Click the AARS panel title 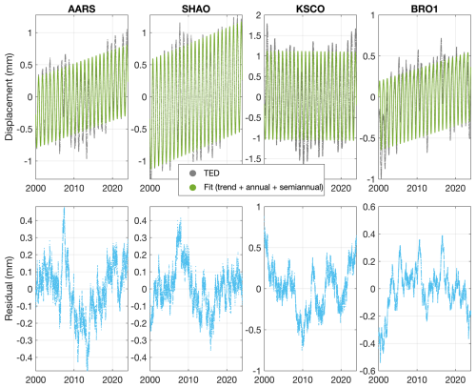pyautogui.click(x=82, y=9)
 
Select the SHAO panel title pyautogui.click(x=196, y=9)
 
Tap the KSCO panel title pyautogui.click(x=310, y=9)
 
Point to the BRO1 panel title pyautogui.click(x=425, y=9)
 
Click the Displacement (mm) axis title pyautogui.click(x=9, y=97)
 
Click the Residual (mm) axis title pyautogui.click(x=9, y=289)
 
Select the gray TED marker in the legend pyautogui.click(x=192, y=174)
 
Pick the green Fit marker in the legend pyautogui.click(x=192, y=187)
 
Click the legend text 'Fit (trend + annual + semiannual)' pyautogui.click(x=264, y=187)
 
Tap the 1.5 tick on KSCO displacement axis pyautogui.click(x=254, y=36)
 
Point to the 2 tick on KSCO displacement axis pyautogui.click(x=258, y=15)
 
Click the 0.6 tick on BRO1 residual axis pyautogui.click(x=368, y=207)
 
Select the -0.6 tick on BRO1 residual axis pyautogui.click(x=367, y=371)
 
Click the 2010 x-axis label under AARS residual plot pyautogui.click(x=74, y=379)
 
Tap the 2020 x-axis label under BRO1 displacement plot pyautogui.click(x=455, y=188)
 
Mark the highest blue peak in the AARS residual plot pyautogui.click(x=64, y=209)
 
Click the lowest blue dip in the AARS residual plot pyautogui.click(x=88, y=368)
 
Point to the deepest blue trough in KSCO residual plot pyautogui.click(x=303, y=348)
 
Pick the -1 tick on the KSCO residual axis pyautogui.click(x=258, y=371)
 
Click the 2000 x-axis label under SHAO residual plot pyautogui.click(x=150, y=379)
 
